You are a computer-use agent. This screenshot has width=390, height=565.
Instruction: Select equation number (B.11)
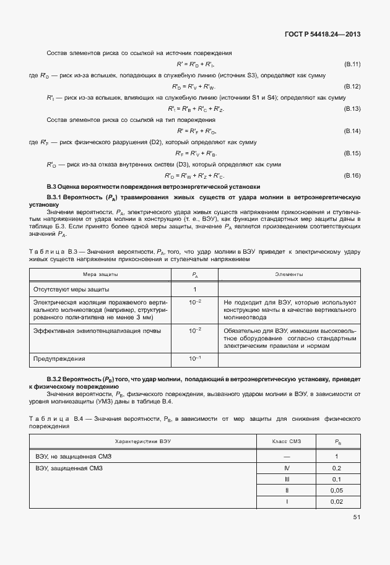point(352,64)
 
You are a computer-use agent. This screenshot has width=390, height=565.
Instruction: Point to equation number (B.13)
point(352,108)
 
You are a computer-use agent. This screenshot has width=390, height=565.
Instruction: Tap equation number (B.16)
point(352,175)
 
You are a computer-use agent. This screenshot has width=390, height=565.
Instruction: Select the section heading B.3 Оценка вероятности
point(154,186)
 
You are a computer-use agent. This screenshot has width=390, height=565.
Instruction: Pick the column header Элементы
point(289,274)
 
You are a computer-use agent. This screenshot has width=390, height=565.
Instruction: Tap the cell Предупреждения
point(60,358)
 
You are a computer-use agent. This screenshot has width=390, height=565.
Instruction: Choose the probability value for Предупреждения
point(195,358)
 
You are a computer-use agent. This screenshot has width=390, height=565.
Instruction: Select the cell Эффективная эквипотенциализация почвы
point(90,331)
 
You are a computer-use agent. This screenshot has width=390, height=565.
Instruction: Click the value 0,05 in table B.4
point(337,490)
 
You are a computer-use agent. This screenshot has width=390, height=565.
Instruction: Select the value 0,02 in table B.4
point(337,501)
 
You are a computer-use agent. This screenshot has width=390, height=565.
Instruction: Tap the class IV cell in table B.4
point(287,468)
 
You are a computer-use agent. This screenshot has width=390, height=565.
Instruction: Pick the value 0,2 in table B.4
point(337,468)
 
